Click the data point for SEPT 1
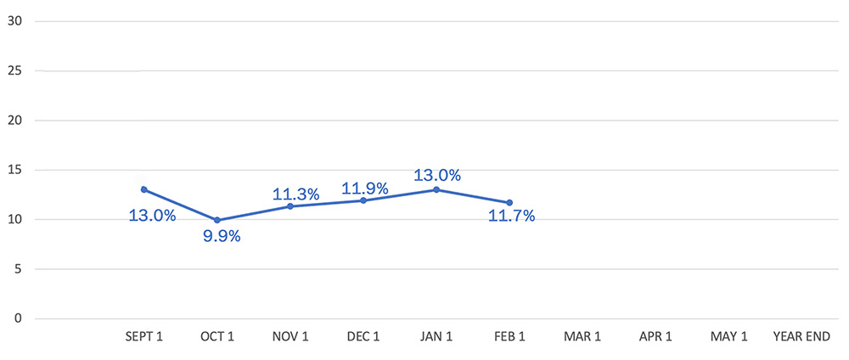click(143, 189)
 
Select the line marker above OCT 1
click(217, 220)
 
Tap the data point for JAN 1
click(436, 189)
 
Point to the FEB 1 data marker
click(509, 202)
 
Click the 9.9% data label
click(222, 237)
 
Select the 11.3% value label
click(295, 194)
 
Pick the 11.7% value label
click(512, 217)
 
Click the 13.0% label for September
click(152, 216)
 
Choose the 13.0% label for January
click(437, 176)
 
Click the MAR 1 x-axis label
click(582, 337)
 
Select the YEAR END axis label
click(801, 337)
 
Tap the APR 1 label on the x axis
click(655, 337)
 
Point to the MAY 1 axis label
click(728, 337)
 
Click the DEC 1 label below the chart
click(363, 337)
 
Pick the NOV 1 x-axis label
click(290, 337)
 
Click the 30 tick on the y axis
click(14, 21)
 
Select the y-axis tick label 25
click(14, 70)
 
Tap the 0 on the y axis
click(17, 318)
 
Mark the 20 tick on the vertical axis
click(14, 121)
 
